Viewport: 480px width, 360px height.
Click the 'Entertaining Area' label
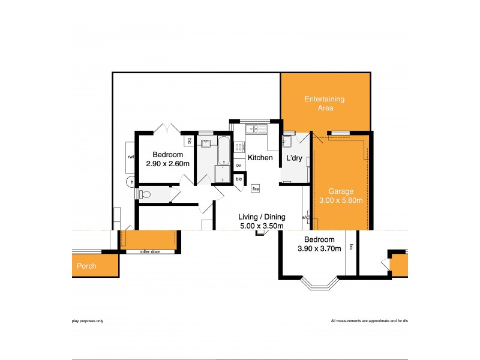point(325,103)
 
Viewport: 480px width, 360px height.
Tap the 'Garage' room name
point(340,191)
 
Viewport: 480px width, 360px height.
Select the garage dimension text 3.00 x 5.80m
point(340,200)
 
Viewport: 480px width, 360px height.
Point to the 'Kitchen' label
point(260,158)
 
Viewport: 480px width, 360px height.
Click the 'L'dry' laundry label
point(294,158)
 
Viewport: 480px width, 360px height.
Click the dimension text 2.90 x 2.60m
point(168,163)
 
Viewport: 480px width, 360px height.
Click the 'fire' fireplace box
point(255,188)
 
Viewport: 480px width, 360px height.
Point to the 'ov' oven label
point(238,165)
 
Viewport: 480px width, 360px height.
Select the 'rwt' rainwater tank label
point(130,158)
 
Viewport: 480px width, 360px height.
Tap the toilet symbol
point(143,194)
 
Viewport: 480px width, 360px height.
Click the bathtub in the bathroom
point(223,151)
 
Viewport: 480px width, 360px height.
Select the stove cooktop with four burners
point(239,147)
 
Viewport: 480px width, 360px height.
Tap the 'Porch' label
point(86,266)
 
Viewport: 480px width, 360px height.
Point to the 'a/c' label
point(305,217)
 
